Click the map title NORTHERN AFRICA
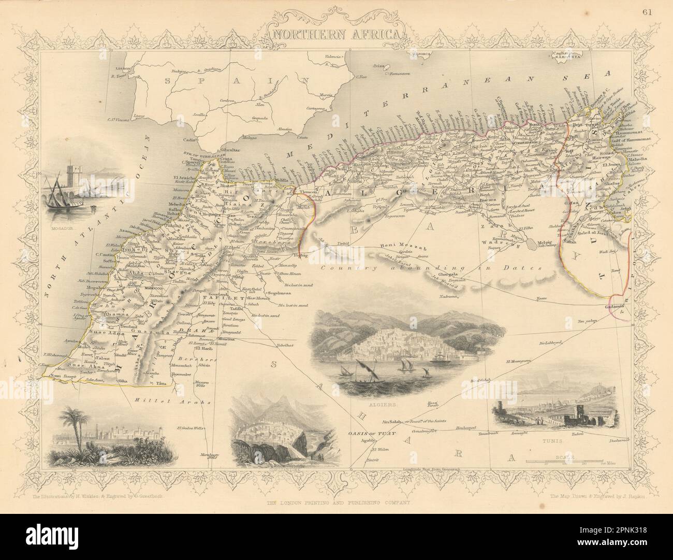pyautogui.click(x=336, y=34)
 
